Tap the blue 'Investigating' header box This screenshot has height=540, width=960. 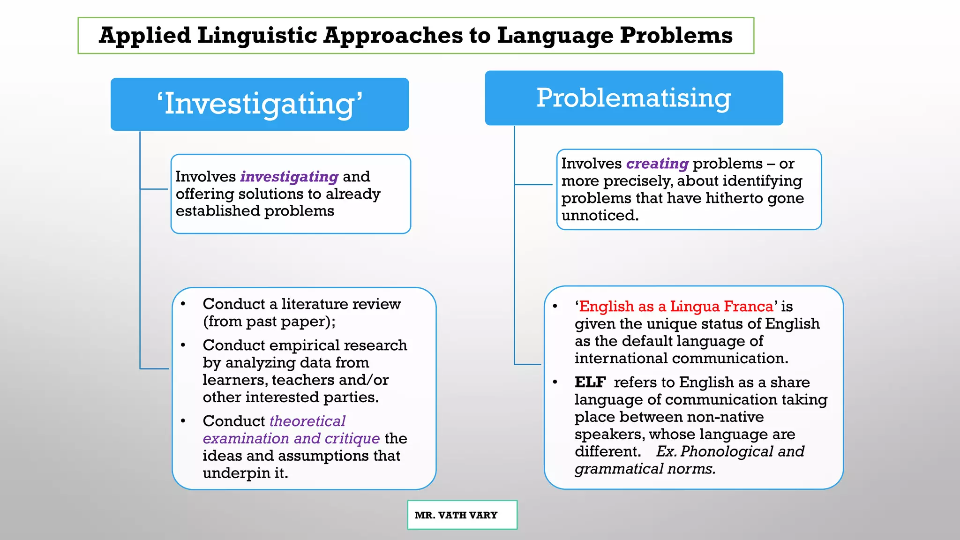(x=260, y=104)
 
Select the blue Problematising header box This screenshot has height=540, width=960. (x=634, y=98)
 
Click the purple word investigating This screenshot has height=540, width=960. (x=289, y=177)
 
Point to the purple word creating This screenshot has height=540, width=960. (x=657, y=164)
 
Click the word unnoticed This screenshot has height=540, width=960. (x=600, y=216)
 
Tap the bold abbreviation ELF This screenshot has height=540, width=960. (x=590, y=382)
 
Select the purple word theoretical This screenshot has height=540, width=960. (x=307, y=421)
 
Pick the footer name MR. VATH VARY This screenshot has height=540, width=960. (x=456, y=515)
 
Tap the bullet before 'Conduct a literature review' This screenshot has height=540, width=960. (x=183, y=304)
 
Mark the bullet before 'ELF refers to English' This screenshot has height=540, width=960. (x=555, y=382)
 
